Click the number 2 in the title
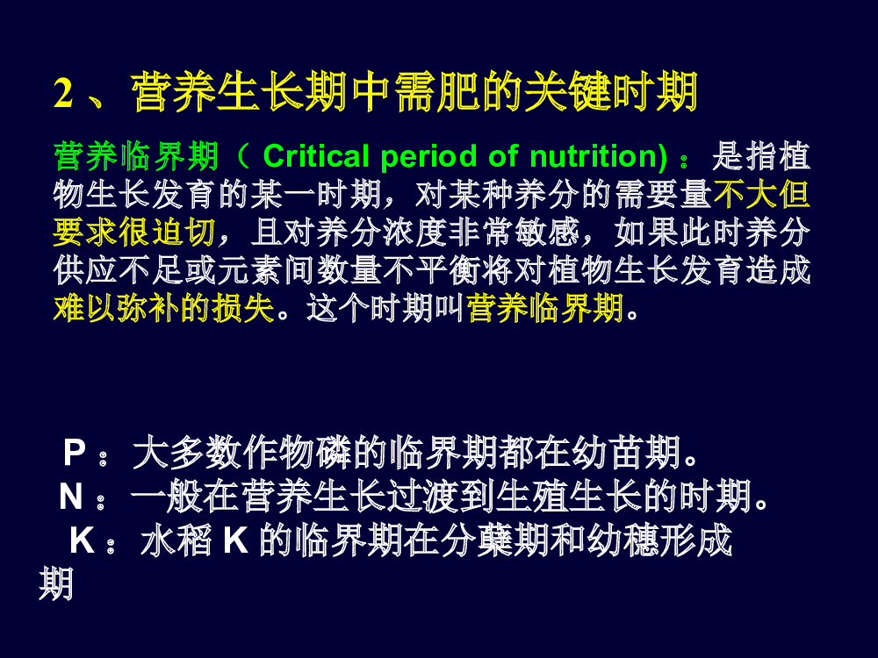(x=63, y=92)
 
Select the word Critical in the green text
(x=316, y=156)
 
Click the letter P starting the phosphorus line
(x=75, y=452)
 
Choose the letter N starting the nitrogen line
(x=71, y=497)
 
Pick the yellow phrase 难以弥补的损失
(x=164, y=308)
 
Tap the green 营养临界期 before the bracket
(x=136, y=156)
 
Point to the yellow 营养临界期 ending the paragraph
(x=545, y=308)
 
